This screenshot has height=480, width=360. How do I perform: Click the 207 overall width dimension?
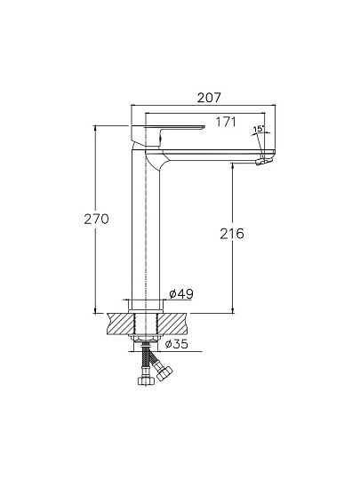coord(209,98)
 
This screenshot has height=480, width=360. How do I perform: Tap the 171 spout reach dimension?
coord(226,122)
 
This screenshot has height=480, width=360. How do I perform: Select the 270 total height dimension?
coord(96,220)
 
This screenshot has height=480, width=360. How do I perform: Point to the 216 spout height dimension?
coord(232,234)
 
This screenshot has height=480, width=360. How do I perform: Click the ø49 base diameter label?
coord(181,294)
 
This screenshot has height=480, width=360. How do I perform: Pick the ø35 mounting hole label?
coord(176,344)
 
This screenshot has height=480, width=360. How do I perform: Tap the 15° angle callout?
coord(259,129)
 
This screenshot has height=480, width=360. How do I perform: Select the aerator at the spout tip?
coord(263,161)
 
